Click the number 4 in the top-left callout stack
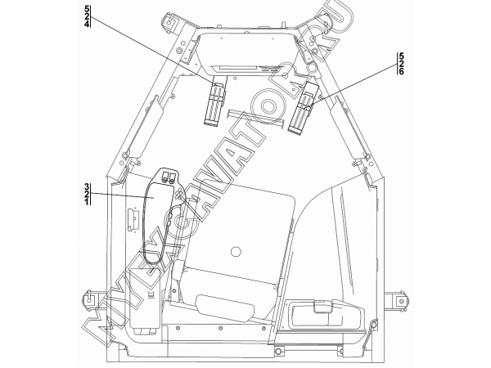(x=87, y=24)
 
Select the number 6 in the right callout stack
(x=401, y=71)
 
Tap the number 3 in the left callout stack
(x=87, y=187)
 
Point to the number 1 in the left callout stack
(x=87, y=202)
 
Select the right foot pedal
(x=303, y=109)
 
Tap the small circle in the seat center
(x=235, y=251)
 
